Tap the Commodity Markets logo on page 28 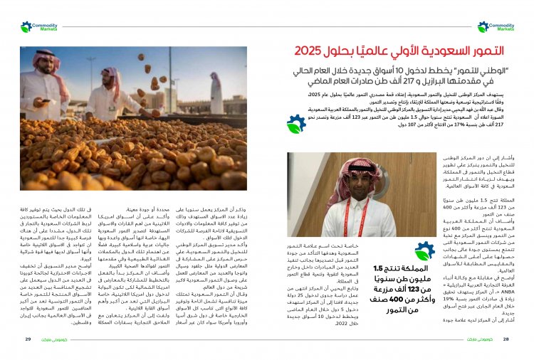point(493,27)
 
